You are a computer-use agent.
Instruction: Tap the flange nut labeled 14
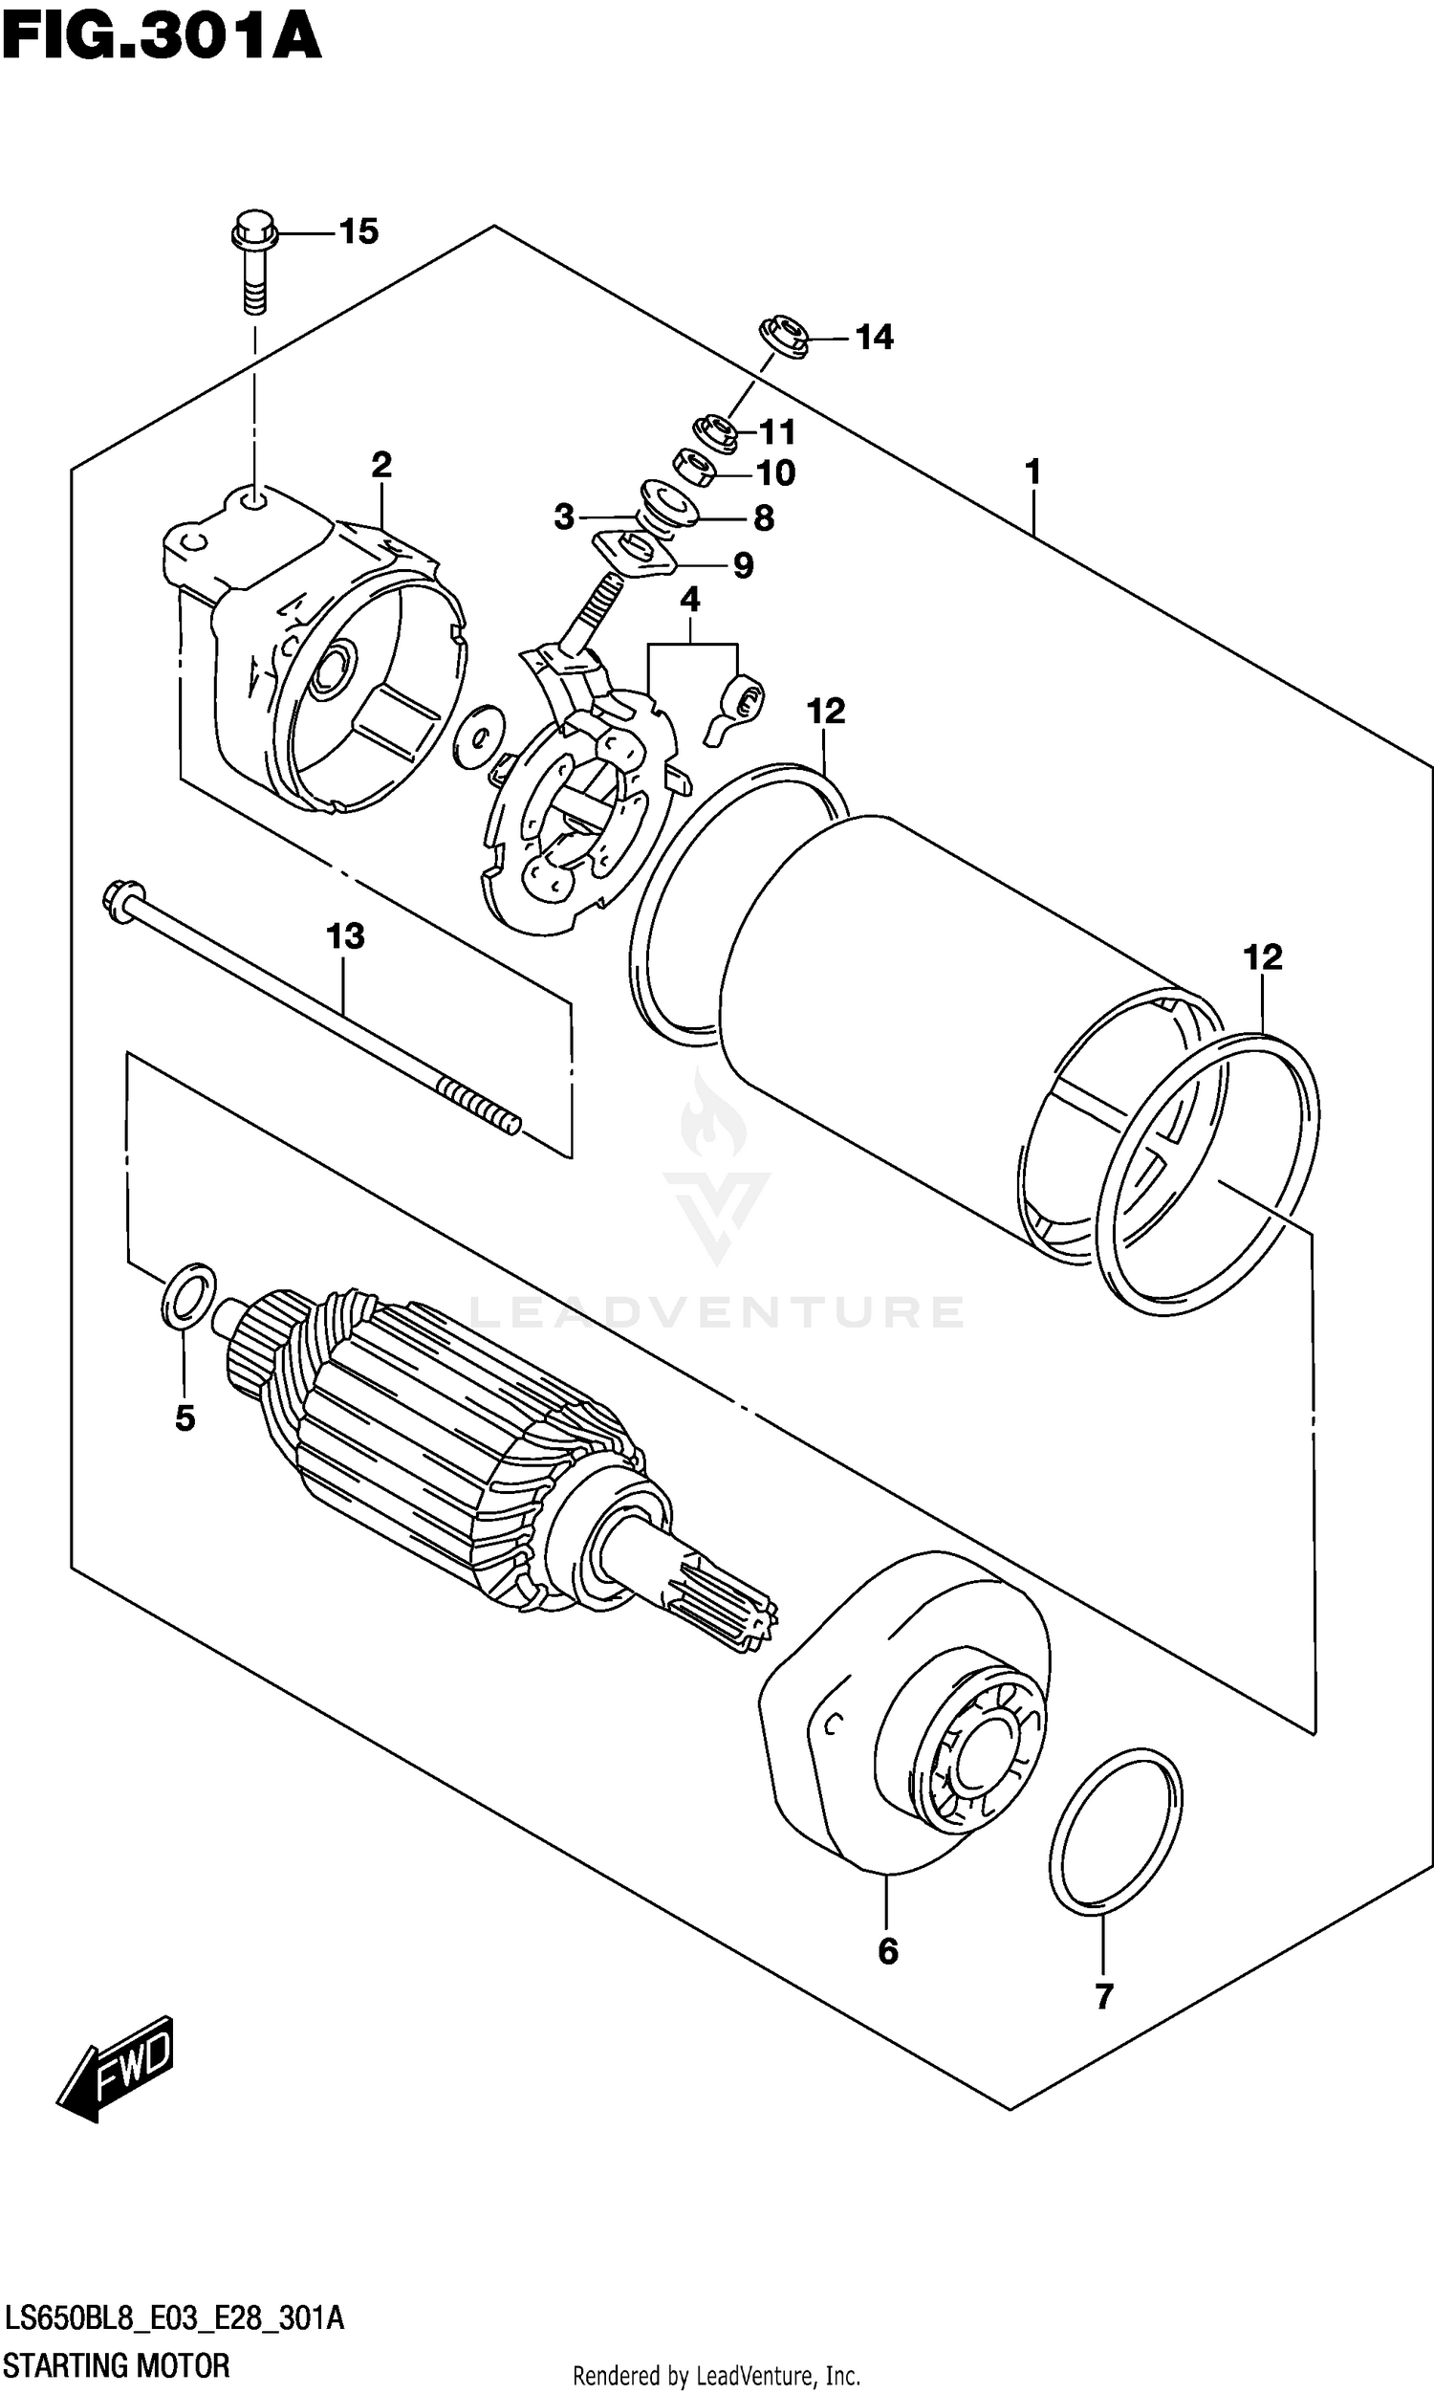coord(782,338)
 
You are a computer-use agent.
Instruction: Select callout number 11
coord(777,431)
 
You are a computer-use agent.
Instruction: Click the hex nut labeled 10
coord(693,467)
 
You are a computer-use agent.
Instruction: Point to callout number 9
coord(742,565)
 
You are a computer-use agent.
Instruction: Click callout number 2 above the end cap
coord(381,465)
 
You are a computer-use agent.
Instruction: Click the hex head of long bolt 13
coord(121,899)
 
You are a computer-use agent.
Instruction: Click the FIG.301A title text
coord(160,36)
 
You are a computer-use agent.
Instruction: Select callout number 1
coord(1033,472)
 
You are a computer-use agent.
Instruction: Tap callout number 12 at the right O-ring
coord(1262,956)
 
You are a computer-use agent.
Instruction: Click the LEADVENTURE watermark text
coord(716,1311)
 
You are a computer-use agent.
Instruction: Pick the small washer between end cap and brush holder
coord(477,736)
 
